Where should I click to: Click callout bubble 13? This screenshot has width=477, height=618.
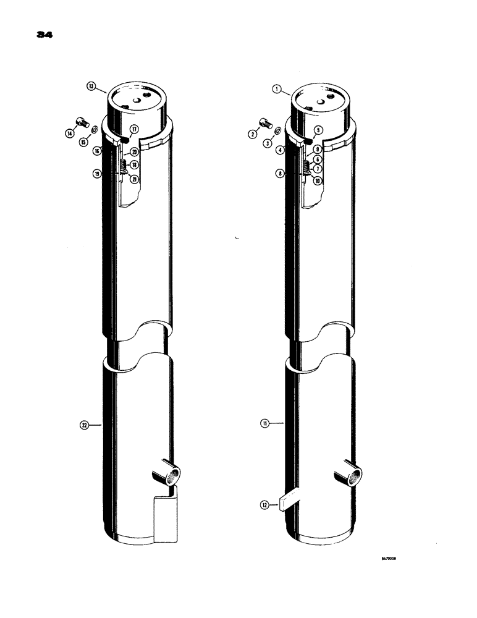(91, 87)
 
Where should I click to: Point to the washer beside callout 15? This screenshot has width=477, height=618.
(94, 131)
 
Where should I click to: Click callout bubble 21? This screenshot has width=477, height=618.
(133, 179)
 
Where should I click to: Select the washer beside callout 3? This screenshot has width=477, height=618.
(277, 131)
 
